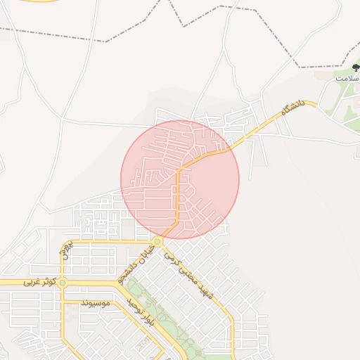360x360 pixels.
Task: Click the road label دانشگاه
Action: coord(292,110)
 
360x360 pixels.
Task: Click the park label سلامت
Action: coord(346,77)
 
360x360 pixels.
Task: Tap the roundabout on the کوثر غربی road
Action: coord(63,283)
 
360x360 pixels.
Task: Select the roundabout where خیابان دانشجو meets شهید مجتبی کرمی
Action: coord(157,242)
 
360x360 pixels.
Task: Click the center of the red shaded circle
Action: coord(180,179)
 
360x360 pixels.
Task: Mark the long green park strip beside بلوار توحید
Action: coord(169,323)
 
